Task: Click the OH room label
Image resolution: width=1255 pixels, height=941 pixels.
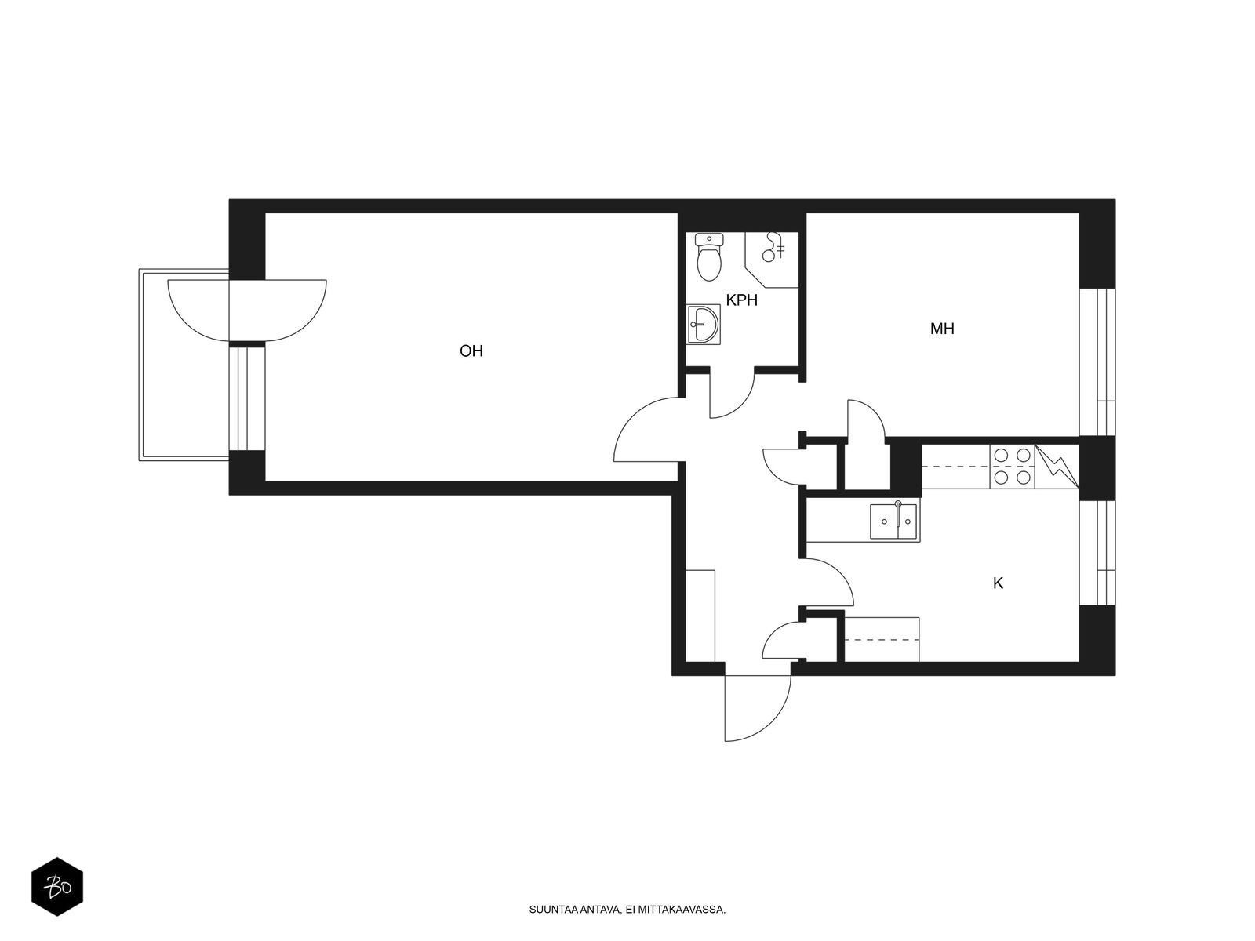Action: pos(471,351)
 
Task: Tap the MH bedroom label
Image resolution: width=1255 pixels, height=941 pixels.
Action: pos(942,329)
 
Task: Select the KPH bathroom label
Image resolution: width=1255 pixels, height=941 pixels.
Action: pos(741,300)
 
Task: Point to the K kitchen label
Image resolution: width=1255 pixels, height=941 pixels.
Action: pos(998,583)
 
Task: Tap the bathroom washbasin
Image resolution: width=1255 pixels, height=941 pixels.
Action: pos(704,324)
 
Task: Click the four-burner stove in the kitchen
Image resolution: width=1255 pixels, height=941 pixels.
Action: pos(1012,466)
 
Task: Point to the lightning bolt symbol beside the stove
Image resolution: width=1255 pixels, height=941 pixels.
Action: pos(1057,467)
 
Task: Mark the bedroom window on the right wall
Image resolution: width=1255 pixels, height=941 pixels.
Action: pos(1097,362)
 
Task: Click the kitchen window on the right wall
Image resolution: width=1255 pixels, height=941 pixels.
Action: pos(1097,553)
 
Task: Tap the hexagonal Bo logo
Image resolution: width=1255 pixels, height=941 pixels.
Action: pos(57,887)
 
